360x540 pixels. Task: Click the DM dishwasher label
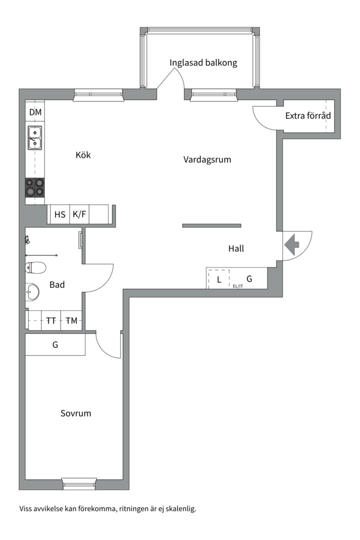pos(35,112)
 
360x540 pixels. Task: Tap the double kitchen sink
pos(35,138)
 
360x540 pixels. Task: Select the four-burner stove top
pos(35,187)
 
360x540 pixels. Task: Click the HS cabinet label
pos(60,214)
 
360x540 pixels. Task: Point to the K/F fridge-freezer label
pos(79,214)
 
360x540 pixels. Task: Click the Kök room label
pos(83,155)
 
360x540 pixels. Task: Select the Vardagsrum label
pos(207,159)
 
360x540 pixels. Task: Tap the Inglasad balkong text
pos(203,62)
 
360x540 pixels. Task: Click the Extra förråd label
pos(307,115)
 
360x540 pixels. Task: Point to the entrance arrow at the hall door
pos(292,244)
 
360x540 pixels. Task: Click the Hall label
pos(236,248)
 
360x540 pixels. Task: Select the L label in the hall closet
pos(219,279)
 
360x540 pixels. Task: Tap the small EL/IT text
pos(237,286)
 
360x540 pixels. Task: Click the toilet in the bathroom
pos(35,267)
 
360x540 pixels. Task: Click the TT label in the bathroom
pos(51,320)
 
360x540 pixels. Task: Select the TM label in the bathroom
pos(71,320)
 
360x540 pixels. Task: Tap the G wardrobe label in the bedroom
pos(55,344)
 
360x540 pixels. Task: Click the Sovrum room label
pos(76,413)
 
